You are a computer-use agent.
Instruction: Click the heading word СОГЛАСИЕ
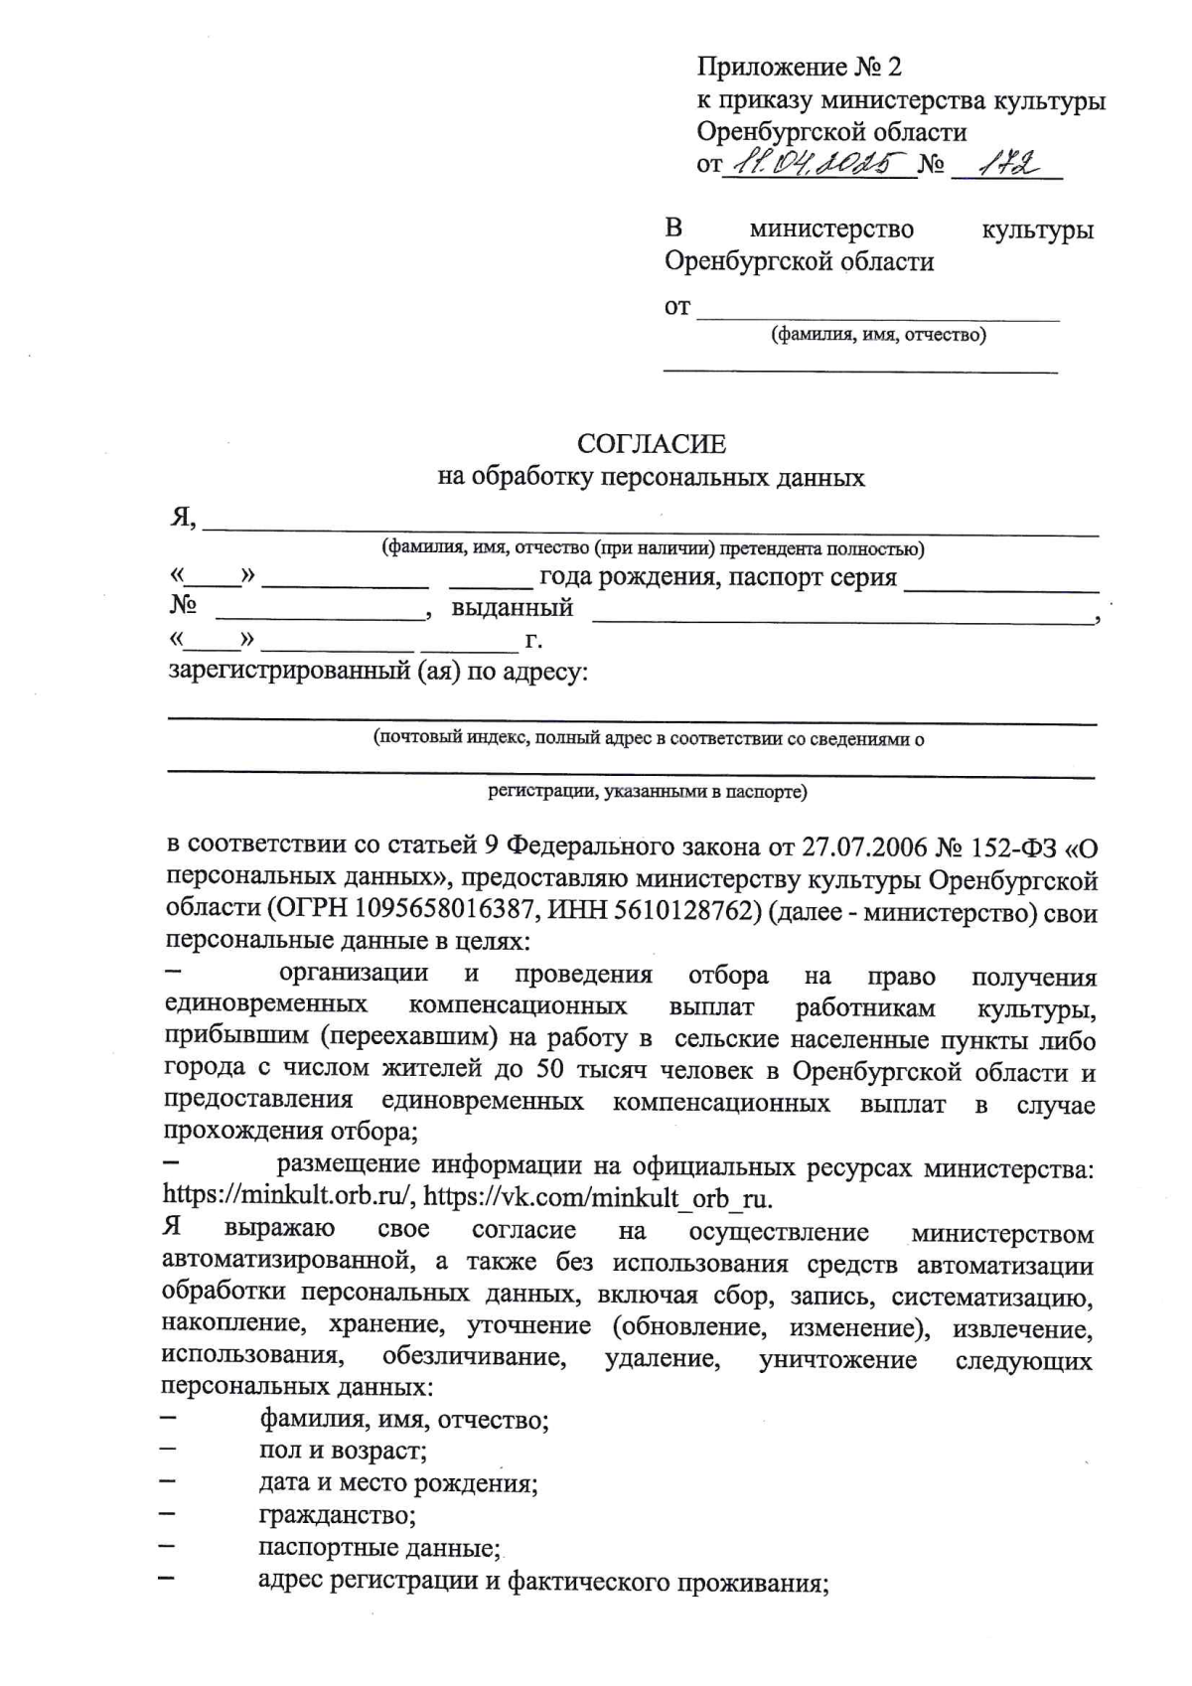(651, 443)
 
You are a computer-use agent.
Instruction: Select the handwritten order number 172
(1006, 161)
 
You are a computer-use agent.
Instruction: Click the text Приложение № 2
(799, 68)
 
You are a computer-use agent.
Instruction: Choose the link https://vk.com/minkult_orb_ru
(598, 1196)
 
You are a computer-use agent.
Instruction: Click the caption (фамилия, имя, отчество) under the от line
(878, 335)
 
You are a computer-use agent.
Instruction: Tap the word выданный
(512, 607)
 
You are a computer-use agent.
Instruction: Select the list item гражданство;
(337, 1515)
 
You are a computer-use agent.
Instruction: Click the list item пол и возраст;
(343, 1450)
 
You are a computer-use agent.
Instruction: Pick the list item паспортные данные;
(378, 1548)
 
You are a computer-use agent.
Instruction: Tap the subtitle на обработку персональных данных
(651, 477)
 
